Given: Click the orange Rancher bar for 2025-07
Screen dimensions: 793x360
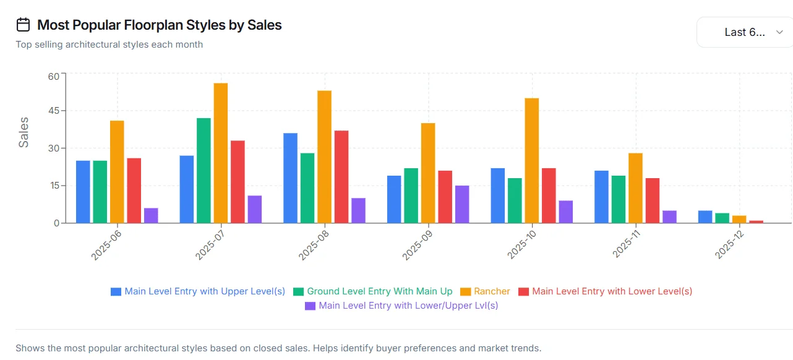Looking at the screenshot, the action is pos(221,153).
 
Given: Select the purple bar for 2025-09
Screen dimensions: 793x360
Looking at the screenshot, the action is pos(462,204).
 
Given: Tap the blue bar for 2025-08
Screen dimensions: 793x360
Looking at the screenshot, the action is pos(290,178).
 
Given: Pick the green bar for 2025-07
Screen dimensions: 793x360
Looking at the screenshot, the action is pos(204,171).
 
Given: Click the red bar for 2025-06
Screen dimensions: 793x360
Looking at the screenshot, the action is pos(134,191).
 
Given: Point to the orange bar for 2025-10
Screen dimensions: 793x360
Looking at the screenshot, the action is pos(532,161).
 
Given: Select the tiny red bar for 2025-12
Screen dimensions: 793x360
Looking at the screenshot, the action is pos(756,221).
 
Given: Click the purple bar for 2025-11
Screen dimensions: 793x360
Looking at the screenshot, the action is pos(669,216).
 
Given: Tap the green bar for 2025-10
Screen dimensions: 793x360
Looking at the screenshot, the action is pos(515,200).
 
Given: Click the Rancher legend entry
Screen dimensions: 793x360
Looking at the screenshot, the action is pos(485,291).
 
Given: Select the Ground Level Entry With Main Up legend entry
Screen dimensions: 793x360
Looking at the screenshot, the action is pos(373,291).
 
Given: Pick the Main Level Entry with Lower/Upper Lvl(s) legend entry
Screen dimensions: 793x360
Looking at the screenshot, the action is pos(401,306).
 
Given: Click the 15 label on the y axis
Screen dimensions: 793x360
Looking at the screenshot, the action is pos(54,186).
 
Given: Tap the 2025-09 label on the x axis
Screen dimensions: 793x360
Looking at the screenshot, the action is pos(418,246).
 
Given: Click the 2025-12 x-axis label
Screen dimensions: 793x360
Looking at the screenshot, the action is pos(730,244).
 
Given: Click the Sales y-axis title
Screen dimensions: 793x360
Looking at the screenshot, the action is pos(24,132).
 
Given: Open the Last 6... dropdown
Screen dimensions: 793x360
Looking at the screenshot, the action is pos(745,32).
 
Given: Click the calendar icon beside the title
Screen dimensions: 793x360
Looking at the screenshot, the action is pos(24,25).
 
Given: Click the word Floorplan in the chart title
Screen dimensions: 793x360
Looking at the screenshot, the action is pos(153,25).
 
